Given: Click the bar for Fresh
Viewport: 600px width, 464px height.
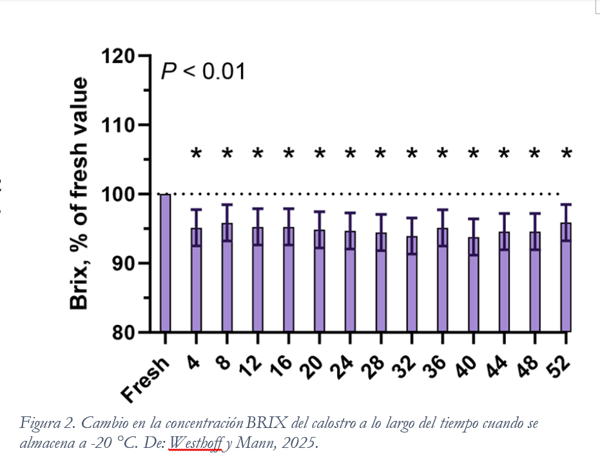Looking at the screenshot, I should [x=165, y=263].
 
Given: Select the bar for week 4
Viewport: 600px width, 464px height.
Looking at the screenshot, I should [x=196, y=280].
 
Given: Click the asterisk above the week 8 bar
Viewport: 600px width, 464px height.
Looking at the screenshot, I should [x=227, y=154].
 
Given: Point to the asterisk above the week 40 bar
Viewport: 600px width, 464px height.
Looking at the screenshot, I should [x=474, y=154].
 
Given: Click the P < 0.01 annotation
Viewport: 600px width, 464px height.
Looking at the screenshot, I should [x=203, y=71].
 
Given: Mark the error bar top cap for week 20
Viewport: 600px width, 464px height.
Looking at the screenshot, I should [x=319, y=211].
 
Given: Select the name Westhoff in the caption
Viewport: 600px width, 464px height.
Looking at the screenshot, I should [x=193, y=443].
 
